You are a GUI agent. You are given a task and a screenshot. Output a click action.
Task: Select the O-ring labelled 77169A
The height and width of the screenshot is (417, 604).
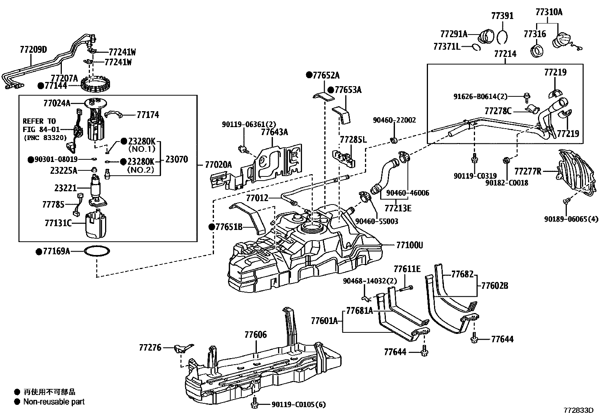pos(97,251)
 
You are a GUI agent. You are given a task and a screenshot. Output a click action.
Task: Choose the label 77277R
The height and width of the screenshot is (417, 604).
pos(528,172)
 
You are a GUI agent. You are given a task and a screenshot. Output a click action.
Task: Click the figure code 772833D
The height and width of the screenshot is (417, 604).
pos(578,411)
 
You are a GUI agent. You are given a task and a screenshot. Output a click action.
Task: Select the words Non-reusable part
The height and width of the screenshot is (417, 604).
pos(54,402)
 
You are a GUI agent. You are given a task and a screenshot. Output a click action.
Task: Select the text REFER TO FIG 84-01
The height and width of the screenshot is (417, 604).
pos(41,125)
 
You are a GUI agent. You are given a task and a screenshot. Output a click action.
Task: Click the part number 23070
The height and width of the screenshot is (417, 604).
pos(176,159)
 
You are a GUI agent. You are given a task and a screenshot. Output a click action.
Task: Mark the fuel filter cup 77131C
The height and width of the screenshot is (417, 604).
pos(96,225)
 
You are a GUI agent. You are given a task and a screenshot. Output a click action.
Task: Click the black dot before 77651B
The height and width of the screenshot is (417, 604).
pos(212,227)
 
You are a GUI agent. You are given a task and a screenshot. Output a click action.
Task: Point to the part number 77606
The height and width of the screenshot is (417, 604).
pos(255,335)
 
